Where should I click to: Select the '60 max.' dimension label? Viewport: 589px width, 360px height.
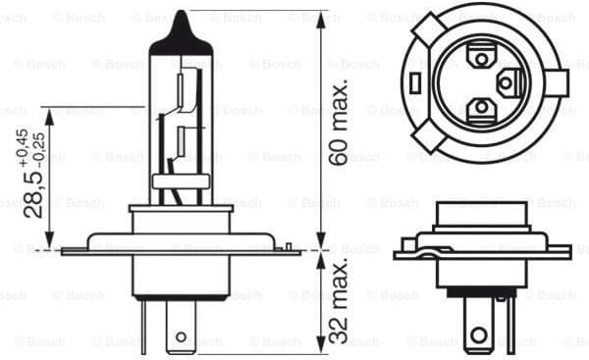point(339,122)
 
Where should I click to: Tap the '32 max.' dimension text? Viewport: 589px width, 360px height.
point(339,303)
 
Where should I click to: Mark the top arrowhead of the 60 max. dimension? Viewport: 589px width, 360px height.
point(320,19)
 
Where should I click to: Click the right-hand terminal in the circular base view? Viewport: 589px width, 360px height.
point(509,82)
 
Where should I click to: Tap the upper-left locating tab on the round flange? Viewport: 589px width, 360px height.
point(423,29)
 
